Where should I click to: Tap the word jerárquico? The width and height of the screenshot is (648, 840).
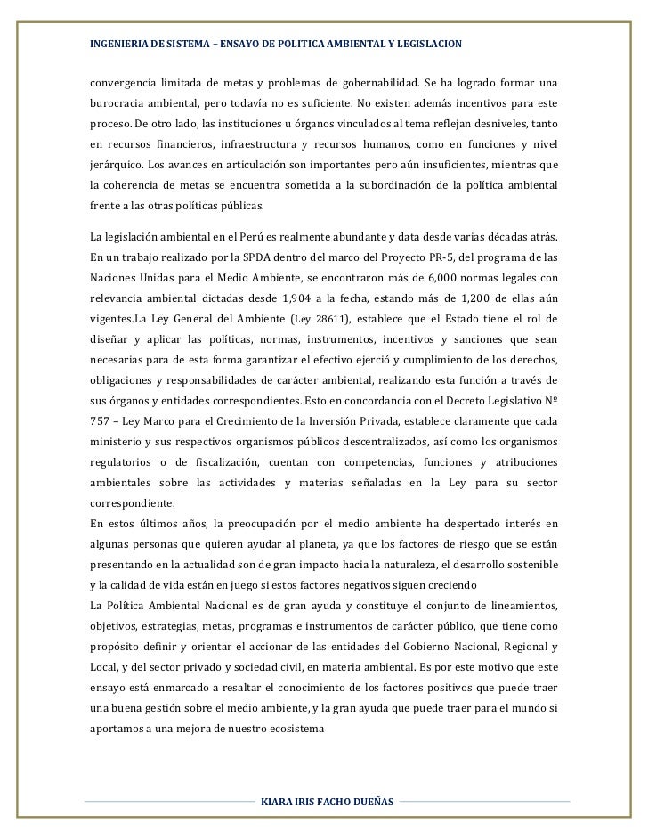[x=117, y=165]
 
